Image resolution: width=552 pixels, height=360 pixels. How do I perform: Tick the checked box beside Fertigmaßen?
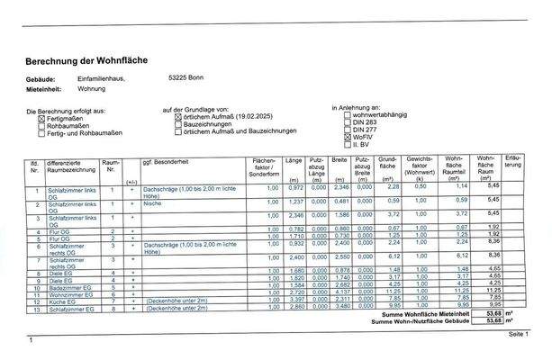coord(41,118)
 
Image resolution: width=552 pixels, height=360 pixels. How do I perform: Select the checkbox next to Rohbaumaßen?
coord(41,125)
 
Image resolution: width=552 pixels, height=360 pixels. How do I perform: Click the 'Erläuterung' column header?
coord(513,165)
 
